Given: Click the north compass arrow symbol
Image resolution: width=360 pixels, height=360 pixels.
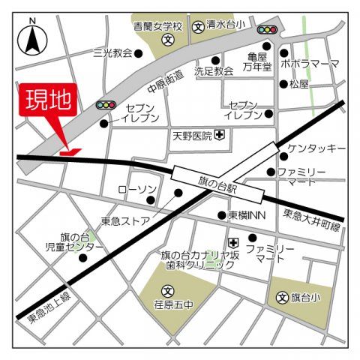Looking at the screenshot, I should [33, 40].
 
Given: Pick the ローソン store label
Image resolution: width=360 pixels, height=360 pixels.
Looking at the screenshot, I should [136, 189].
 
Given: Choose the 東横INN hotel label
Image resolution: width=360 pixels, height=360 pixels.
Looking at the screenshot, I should [247, 215].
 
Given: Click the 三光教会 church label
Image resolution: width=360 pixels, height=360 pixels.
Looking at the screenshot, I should [112, 53].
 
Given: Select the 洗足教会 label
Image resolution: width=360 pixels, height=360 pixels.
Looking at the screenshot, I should [214, 71].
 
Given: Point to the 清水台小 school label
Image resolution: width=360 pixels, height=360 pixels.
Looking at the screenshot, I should [224, 25].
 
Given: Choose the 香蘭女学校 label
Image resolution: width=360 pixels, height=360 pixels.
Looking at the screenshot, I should [153, 25].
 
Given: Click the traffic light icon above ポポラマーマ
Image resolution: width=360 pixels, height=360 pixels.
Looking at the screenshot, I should [266, 29].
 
